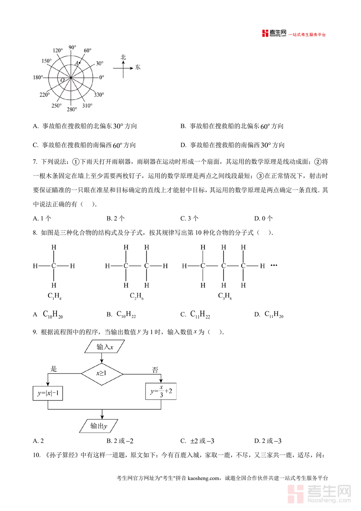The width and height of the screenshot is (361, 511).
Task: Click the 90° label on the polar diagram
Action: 72,47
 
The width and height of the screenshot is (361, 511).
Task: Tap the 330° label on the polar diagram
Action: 99,95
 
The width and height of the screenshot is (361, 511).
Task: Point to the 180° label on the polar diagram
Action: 38,77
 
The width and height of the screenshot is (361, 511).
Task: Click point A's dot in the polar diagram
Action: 80,63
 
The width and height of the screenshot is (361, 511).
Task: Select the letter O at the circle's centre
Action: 62,80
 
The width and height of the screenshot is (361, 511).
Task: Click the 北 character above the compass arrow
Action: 124,57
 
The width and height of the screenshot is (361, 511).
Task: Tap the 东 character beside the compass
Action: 138,67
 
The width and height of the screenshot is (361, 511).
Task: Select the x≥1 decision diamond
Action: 101,373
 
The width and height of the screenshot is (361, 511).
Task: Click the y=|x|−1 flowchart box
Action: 48,393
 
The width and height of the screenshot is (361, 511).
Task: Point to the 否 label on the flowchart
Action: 155,370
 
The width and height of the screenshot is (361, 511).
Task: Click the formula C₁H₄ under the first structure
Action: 54,296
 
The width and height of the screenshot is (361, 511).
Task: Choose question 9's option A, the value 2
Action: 39,441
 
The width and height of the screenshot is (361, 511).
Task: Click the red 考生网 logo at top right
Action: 274,33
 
